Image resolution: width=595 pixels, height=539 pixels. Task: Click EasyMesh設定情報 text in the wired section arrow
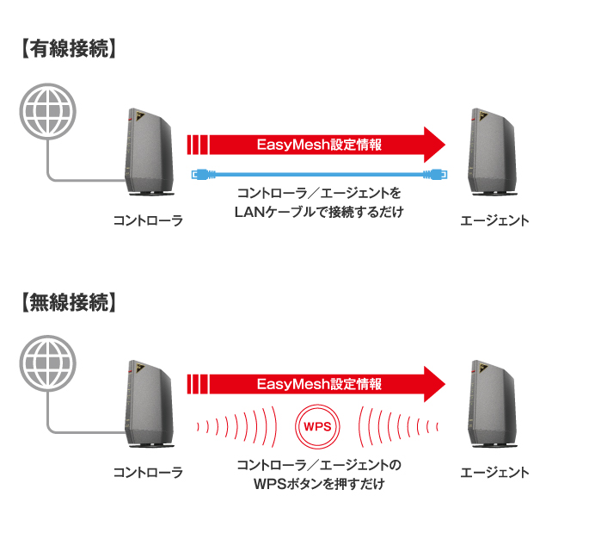click(x=318, y=144)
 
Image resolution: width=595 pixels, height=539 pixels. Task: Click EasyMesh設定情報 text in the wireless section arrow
click(x=318, y=384)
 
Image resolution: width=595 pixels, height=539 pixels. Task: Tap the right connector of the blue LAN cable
click(x=435, y=175)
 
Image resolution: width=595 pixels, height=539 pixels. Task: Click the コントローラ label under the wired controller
click(x=148, y=220)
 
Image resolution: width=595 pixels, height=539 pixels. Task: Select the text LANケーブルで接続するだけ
click(x=318, y=210)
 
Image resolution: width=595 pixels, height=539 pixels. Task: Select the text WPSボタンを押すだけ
click(x=318, y=484)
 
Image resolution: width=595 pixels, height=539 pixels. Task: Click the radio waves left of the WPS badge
click(x=241, y=425)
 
